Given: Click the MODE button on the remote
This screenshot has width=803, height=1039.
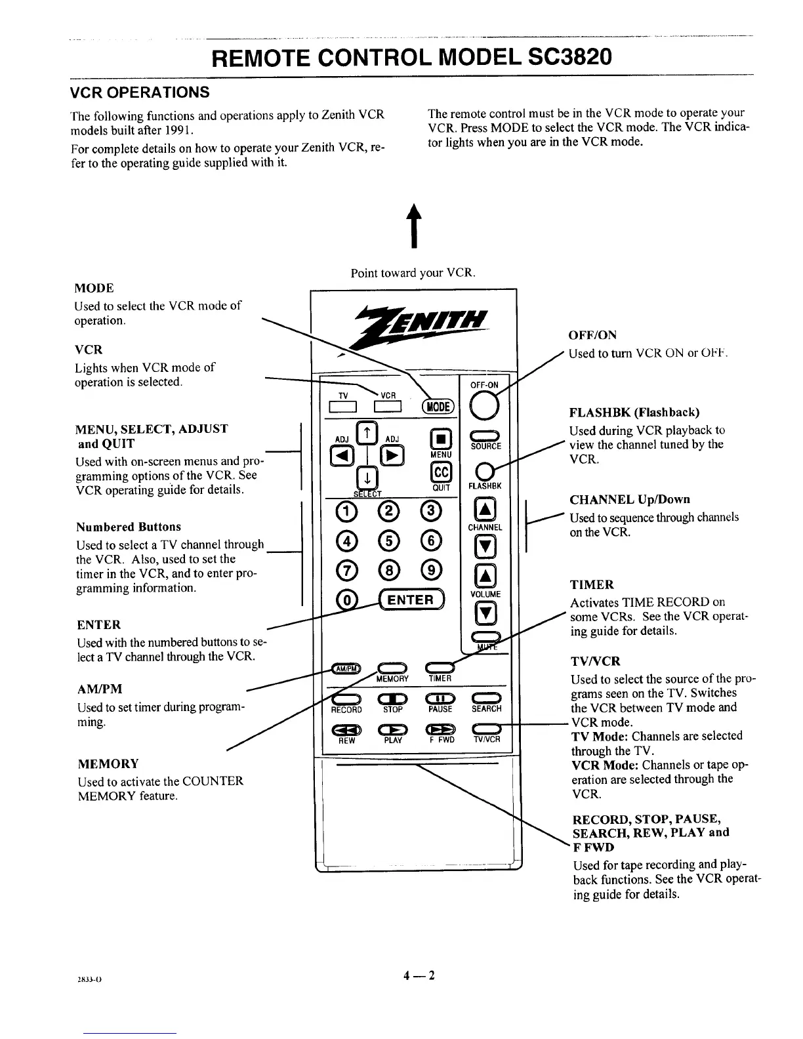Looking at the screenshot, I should point(438,406).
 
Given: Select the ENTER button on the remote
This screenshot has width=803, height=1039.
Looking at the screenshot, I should point(411,600).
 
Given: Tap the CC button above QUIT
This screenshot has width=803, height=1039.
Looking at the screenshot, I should point(440,472).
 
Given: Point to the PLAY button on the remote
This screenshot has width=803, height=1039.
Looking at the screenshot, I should point(392,728).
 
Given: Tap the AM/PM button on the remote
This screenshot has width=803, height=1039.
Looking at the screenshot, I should point(346,668).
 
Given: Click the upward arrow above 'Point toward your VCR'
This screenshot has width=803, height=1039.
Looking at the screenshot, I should point(413,226).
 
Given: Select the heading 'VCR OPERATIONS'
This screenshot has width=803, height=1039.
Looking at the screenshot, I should point(140,92).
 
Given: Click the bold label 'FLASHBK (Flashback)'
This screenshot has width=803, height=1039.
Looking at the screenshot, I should point(634,413).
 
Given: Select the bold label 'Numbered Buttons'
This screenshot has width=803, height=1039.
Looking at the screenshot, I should point(129,527).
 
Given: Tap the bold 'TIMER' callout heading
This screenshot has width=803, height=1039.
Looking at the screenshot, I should point(592,584).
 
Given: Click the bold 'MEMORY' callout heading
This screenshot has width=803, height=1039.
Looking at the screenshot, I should point(108,764).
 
